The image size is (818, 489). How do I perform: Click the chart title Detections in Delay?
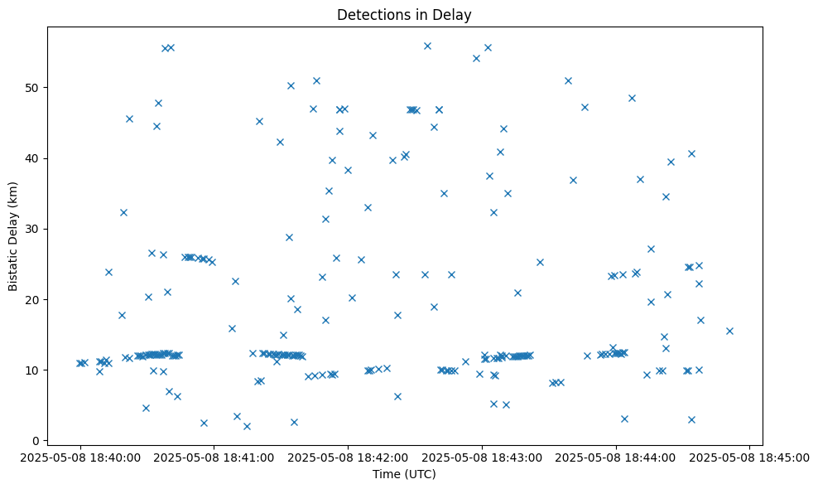405,15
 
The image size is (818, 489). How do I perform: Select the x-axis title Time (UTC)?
405,474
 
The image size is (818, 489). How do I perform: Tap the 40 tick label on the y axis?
34,158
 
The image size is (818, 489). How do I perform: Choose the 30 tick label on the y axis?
34,229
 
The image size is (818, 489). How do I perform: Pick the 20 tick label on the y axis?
34,299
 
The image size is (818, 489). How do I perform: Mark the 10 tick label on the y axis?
34,370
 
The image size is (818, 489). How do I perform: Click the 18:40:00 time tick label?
80,458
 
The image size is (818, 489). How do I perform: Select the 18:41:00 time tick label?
214,458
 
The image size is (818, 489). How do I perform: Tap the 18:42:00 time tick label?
349,458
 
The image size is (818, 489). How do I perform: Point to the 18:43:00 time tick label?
483,458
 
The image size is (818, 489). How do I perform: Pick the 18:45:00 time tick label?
750,458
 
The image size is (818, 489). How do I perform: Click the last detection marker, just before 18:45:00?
729,331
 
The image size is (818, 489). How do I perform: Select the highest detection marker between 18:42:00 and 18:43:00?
427,46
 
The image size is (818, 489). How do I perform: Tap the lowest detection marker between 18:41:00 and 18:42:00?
247,426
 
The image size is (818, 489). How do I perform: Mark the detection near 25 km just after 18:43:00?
540,262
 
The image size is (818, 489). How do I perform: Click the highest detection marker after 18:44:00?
632,98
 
